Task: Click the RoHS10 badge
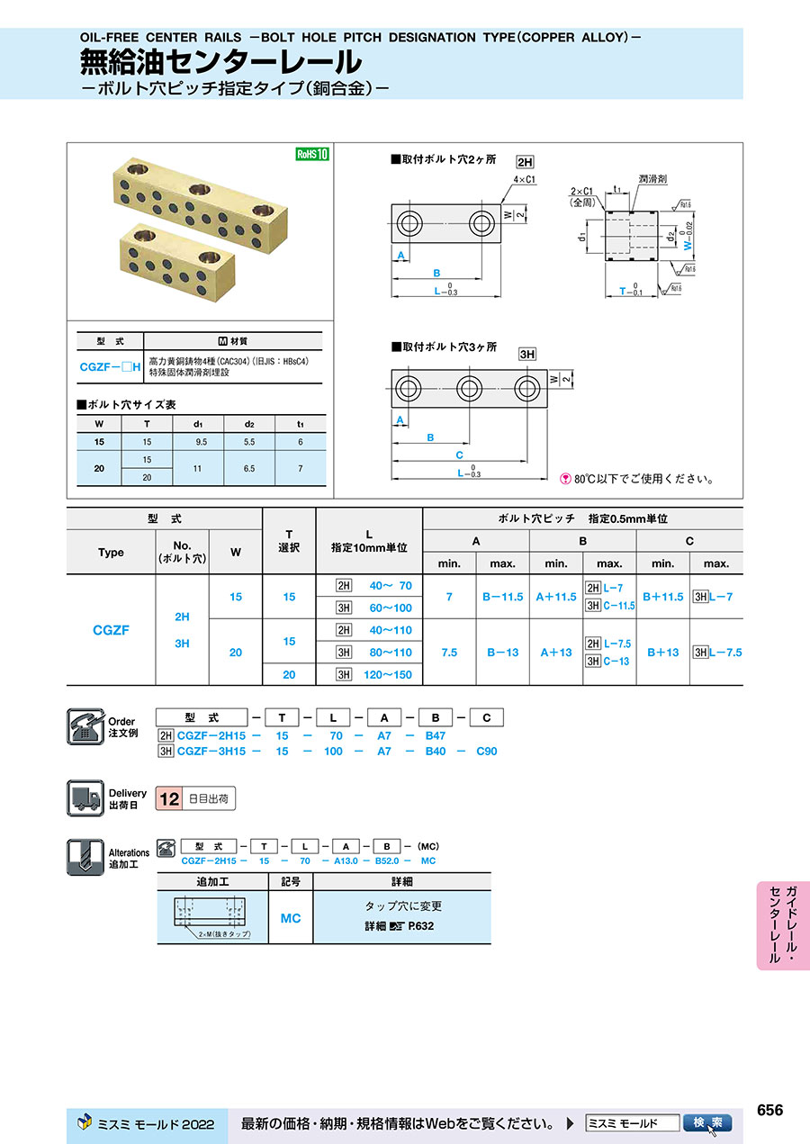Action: click(x=313, y=154)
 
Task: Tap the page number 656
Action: click(x=769, y=1111)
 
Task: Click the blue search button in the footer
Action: click(x=707, y=1123)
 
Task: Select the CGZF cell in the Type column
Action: click(x=111, y=630)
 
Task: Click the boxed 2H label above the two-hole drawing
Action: click(x=525, y=162)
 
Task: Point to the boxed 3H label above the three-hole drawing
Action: click(x=527, y=355)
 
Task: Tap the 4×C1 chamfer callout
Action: click(x=524, y=179)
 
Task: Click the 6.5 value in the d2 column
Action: click(x=249, y=468)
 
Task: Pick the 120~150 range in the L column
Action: click(x=390, y=674)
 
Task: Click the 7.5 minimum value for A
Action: click(x=449, y=653)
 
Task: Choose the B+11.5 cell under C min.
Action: click(x=662, y=597)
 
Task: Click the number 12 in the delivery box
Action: click(x=168, y=798)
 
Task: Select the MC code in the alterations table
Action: click(x=290, y=918)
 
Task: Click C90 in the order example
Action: click(x=486, y=751)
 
